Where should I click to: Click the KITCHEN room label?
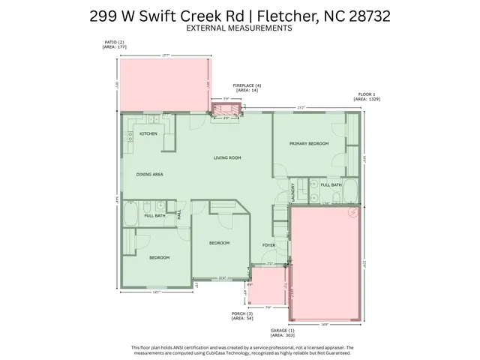(x=148, y=133)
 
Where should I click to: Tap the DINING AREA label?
(x=150, y=174)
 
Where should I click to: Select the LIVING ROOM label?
(x=227, y=157)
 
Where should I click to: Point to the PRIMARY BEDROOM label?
(x=309, y=142)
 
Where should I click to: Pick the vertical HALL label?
(x=178, y=214)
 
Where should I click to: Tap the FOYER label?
(x=268, y=244)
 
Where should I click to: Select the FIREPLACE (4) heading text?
(x=247, y=85)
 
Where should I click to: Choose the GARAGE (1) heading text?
(x=282, y=329)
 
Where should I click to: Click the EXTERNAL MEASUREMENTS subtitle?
(x=240, y=28)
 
